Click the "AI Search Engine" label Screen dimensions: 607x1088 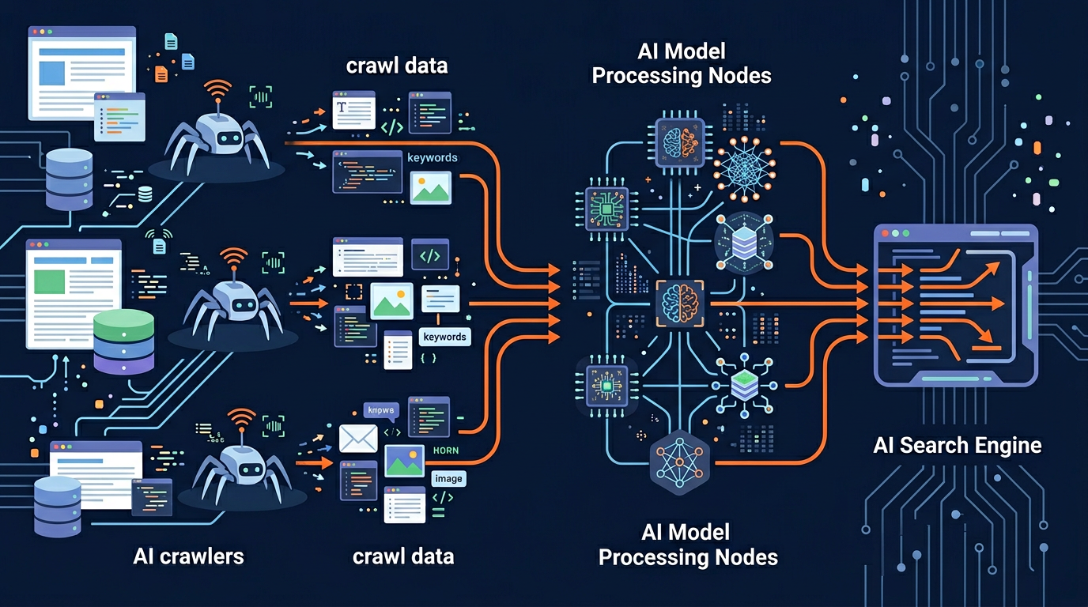(x=957, y=445)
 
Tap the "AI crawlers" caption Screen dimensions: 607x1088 (x=188, y=556)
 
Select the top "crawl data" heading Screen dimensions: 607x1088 (x=397, y=65)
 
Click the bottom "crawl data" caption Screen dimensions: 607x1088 (x=403, y=556)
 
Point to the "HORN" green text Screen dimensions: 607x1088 (x=446, y=451)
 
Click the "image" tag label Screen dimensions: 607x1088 (x=448, y=478)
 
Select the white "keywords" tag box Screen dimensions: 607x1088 (x=444, y=337)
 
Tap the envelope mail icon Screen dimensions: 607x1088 (x=357, y=439)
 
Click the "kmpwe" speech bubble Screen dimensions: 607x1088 (x=382, y=410)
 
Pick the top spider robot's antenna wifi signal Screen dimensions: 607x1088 (x=218, y=89)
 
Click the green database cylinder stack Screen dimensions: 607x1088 (x=123, y=341)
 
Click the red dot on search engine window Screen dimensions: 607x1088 (x=884, y=234)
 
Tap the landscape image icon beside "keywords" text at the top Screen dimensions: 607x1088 (x=431, y=187)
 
